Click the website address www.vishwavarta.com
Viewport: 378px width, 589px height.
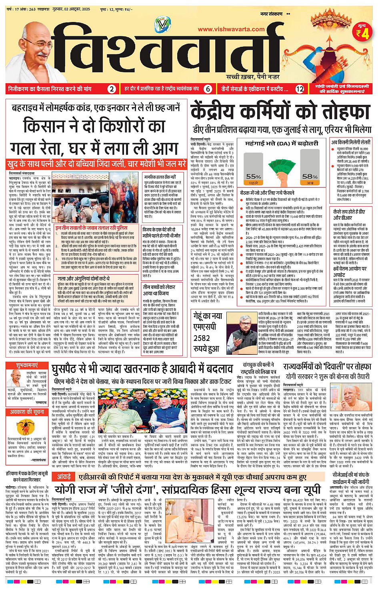pos(231,29)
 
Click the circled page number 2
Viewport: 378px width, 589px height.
pos(112,89)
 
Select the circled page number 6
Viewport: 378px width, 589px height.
pos(208,89)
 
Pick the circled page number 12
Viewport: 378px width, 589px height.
pos(300,89)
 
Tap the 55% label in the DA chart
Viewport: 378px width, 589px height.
pos(254,176)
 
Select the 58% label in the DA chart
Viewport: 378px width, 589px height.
pos(310,176)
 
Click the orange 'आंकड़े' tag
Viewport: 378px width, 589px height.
pos(64,477)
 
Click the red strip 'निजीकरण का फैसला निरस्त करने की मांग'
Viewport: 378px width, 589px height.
pos(50,89)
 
